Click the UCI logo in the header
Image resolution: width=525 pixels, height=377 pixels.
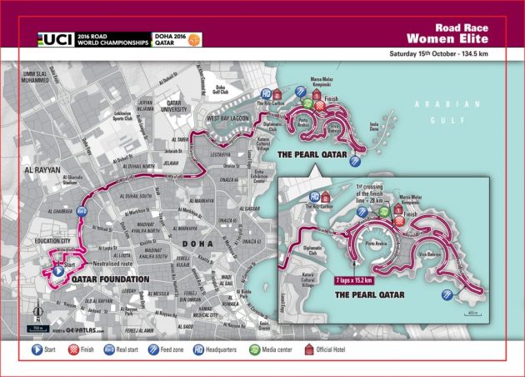click(x=57, y=38)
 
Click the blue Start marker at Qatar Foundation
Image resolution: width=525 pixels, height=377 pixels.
click(x=58, y=270)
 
